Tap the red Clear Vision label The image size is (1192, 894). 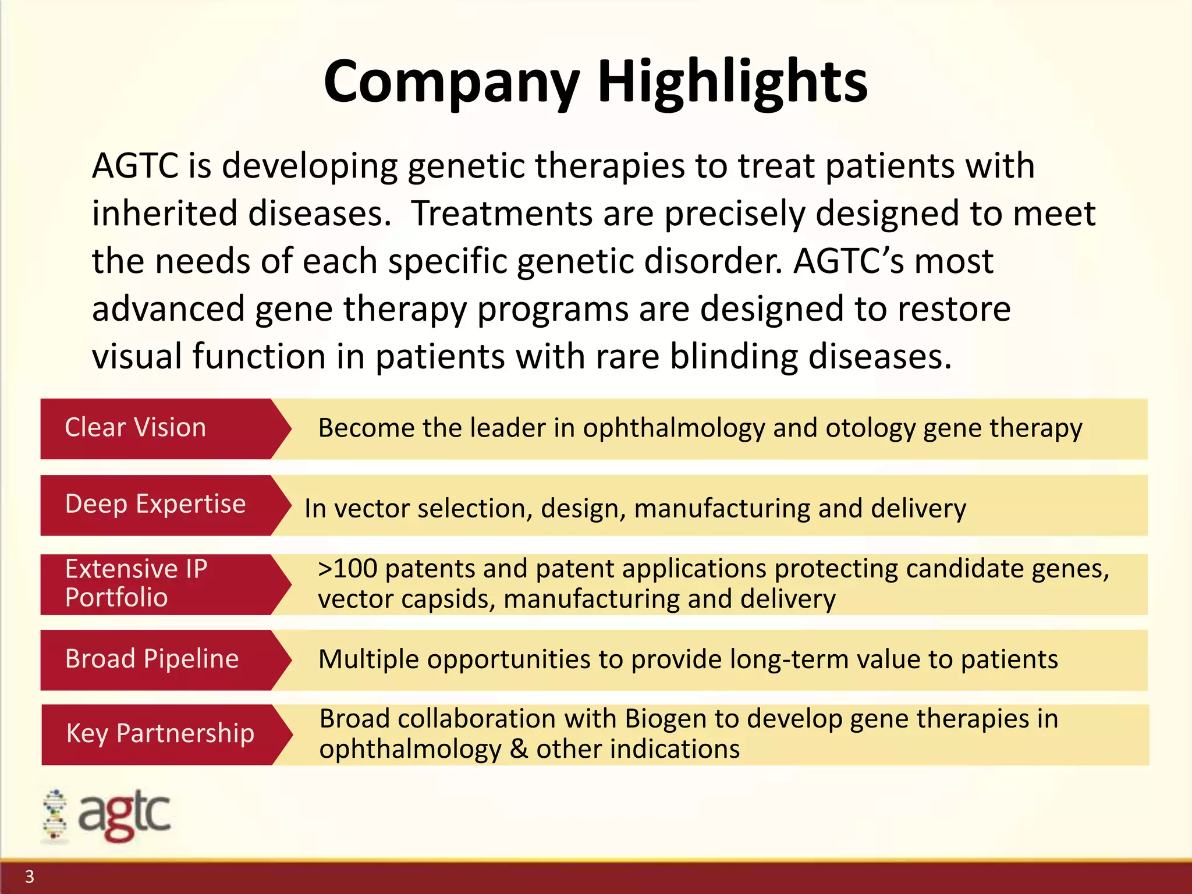coord(135,428)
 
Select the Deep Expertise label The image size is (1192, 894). coord(155,504)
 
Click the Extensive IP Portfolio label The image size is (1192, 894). coord(136,583)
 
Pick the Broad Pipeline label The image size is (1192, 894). coord(151,659)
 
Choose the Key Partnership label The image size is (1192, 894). coord(160,733)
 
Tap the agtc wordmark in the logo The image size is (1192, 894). coord(125,815)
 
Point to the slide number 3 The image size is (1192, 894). coord(30,877)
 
